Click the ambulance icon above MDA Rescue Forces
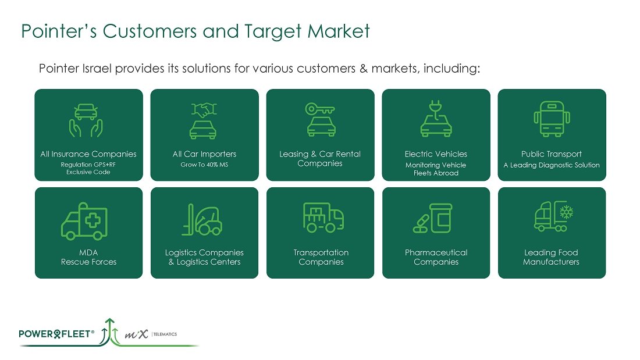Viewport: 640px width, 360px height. click(x=84, y=221)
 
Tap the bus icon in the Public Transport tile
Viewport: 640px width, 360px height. click(x=552, y=119)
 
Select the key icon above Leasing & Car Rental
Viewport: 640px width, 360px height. click(x=320, y=109)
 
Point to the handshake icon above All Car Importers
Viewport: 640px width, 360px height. click(x=204, y=110)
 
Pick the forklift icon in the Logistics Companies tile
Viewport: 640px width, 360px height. click(x=202, y=220)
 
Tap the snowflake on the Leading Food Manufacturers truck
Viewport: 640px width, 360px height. click(x=566, y=212)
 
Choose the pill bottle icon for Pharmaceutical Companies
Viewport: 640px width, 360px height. click(x=442, y=218)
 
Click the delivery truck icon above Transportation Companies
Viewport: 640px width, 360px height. click(x=323, y=218)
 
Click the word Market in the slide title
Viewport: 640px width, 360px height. click(x=339, y=31)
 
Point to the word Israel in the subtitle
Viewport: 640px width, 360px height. click(x=97, y=68)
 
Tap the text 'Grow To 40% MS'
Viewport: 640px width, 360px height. click(x=204, y=165)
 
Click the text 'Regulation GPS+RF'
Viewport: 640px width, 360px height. click(x=88, y=165)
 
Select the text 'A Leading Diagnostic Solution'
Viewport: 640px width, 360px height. click(x=552, y=165)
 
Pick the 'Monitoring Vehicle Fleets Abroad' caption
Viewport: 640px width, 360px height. click(x=436, y=169)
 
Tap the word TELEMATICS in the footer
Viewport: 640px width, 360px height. click(x=165, y=334)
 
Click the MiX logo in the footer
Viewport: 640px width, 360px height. click(x=136, y=334)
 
